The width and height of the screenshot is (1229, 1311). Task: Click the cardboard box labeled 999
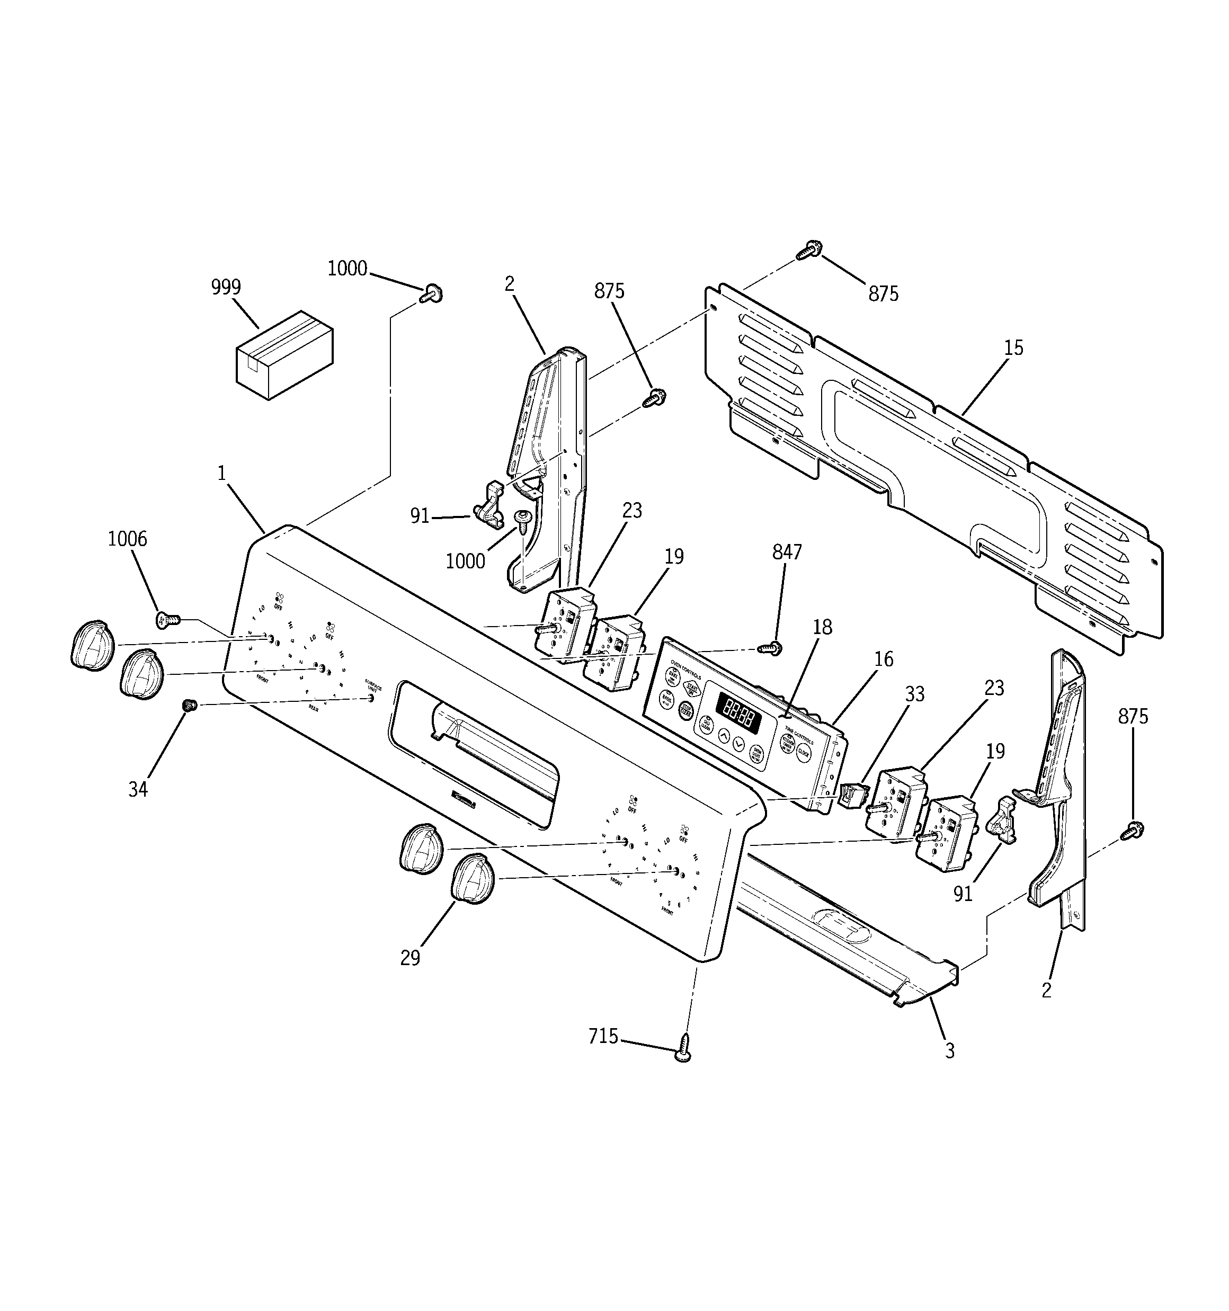284,355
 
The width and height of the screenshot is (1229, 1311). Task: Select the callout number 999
226,288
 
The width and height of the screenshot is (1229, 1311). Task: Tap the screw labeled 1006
167,619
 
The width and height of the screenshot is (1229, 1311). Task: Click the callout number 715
603,1037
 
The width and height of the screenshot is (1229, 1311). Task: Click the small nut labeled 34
190,706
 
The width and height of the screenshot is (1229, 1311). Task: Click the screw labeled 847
770,649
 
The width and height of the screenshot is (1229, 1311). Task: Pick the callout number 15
1013,347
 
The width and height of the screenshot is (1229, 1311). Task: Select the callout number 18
822,627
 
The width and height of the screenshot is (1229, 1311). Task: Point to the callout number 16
883,659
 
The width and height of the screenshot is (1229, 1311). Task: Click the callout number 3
949,1050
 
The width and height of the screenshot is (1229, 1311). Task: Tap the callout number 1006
127,539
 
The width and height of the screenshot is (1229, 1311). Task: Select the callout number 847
787,552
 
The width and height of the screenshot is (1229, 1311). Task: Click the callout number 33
914,694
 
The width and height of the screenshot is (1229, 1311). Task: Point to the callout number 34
138,789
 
